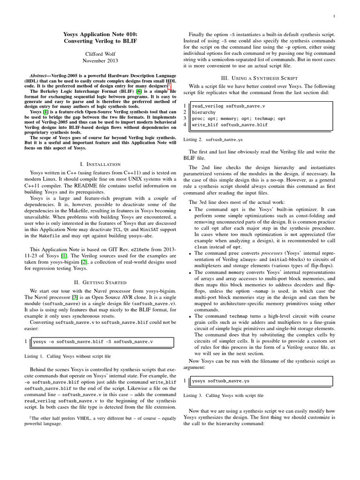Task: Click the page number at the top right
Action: tap(346, 17)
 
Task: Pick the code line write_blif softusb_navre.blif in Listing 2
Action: tap(230, 125)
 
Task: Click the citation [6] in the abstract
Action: tap(139, 91)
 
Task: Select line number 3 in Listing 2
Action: tap(185, 119)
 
